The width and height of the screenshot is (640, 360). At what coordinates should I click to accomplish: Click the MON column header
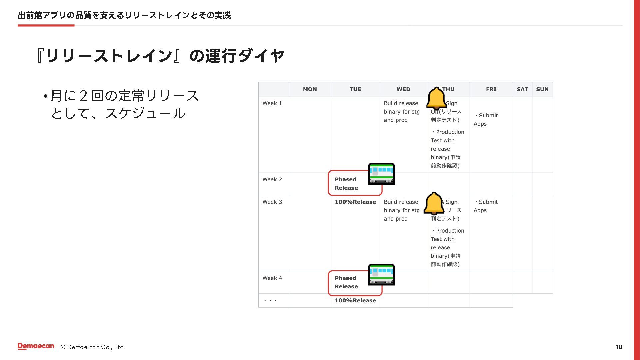click(310, 89)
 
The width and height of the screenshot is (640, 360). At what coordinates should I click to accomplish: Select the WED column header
click(403, 89)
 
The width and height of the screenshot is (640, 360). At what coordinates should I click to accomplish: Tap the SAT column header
click(522, 89)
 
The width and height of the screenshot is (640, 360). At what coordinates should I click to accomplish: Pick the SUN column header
click(542, 89)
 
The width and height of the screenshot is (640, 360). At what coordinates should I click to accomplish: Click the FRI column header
click(491, 89)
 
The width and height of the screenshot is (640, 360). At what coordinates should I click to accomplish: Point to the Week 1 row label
click(272, 103)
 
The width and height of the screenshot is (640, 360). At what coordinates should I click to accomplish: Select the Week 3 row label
click(272, 202)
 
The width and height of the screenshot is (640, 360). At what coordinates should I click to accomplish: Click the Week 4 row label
click(272, 278)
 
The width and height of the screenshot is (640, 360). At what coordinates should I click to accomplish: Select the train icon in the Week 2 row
click(381, 174)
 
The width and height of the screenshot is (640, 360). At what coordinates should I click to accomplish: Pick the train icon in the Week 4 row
click(381, 275)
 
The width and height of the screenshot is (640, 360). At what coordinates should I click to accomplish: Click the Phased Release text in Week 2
click(346, 184)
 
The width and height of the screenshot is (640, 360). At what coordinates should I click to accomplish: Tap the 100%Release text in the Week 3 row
click(355, 202)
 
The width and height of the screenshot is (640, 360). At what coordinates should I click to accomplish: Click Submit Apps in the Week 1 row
click(486, 120)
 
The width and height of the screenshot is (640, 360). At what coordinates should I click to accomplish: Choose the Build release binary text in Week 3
click(401, 210)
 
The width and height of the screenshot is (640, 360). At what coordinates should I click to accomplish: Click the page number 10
click(619, 347)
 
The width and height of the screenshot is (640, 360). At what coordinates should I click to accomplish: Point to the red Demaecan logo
click(36, 346)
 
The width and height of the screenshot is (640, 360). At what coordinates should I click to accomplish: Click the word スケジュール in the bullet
click(145, 114)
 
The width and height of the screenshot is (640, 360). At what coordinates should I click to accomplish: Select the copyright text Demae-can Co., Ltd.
click(93, 347)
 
